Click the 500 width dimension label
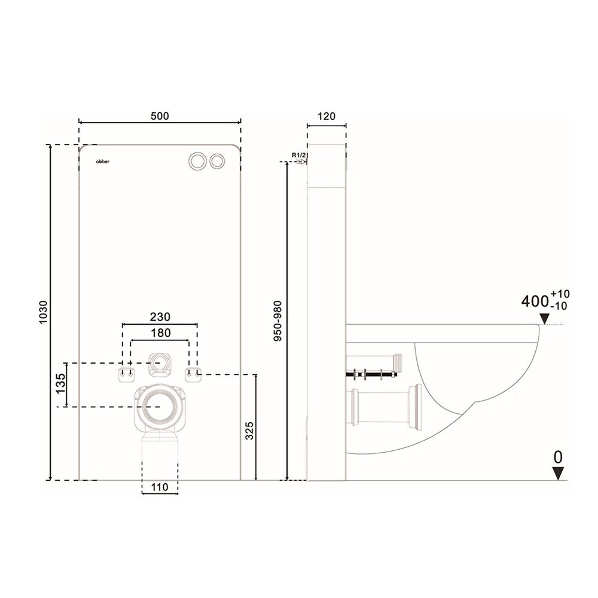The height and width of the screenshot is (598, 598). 160,115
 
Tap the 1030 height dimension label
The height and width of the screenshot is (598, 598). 43,312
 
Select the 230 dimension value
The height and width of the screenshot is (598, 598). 160,317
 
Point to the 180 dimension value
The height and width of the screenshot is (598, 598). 160,333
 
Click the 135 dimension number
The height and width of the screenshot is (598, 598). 60,384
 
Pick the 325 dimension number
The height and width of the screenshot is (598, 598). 249,431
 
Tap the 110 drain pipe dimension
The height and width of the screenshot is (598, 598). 160,487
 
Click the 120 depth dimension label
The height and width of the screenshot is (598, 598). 326,116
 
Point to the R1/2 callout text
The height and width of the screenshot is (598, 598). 300,155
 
